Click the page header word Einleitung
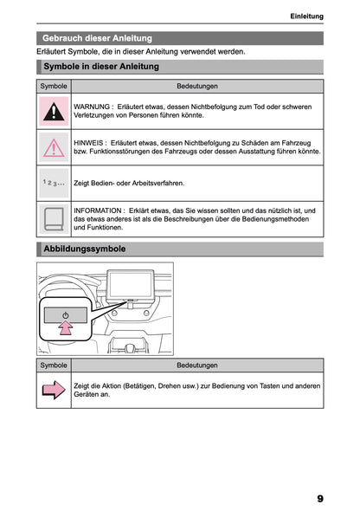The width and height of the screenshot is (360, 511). tap(306, 16)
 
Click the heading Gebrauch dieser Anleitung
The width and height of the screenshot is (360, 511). tap(97, 38)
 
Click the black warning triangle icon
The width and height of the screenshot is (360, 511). tap(54, 111)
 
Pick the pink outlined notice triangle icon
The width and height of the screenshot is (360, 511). tap(54, 147)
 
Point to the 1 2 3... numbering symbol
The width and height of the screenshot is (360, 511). tap(54, 184)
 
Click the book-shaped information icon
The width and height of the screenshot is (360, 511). tap(54, 219)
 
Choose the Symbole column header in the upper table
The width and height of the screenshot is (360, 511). tap(54, 87)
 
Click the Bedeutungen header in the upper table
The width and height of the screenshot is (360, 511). tap(196, 87)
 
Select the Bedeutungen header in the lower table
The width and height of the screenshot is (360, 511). tap(196, 365)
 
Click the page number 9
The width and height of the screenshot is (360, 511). tap(319, 499)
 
